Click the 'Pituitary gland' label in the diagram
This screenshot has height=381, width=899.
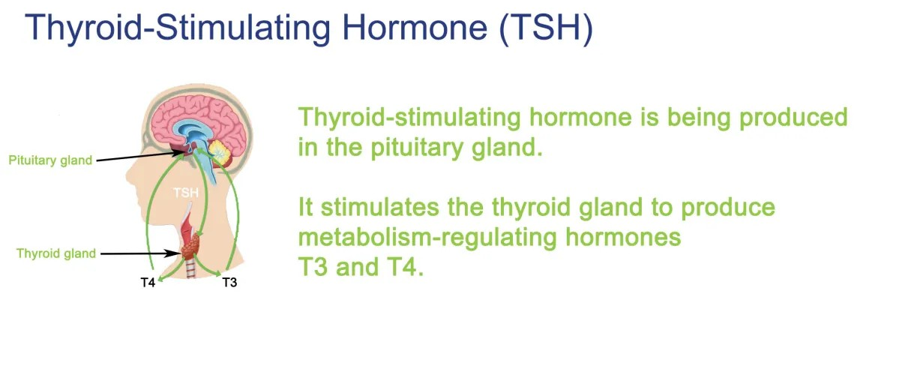pyautogui.click(x=50, y=160)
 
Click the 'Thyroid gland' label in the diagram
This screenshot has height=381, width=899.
pyautogui.click(x=56, y=253)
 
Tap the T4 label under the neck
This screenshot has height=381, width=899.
pyautogui.click(x=148, y=283)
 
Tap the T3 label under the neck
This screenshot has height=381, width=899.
pyautogui.click(x=229, y=283)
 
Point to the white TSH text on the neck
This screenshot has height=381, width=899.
pyautogui.click(x=187, y=193)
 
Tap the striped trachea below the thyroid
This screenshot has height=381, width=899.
pyautogui.click(x=190, y=271)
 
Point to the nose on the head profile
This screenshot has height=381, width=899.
pyautogui.click(x=130, y=172)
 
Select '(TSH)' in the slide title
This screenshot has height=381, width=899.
pyautogui.click(x=546, y=28)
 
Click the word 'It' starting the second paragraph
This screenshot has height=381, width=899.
pyautogui.click(x=306, y=207)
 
